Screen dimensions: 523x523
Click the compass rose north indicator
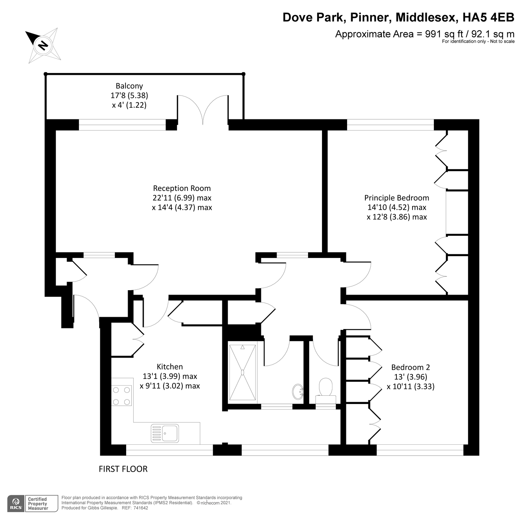(x=43, y=45)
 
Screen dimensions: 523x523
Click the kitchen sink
(x=165, y=433)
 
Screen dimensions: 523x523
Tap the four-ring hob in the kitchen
(x=122, y=396)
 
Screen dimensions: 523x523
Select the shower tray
(x=243, y=372)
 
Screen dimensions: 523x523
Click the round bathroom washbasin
(x=298, y=391)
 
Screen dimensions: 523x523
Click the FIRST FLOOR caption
(x=123, y=469)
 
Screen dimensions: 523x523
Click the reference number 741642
(x=141, y=508)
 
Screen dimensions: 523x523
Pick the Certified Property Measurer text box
(x=42, y=504)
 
